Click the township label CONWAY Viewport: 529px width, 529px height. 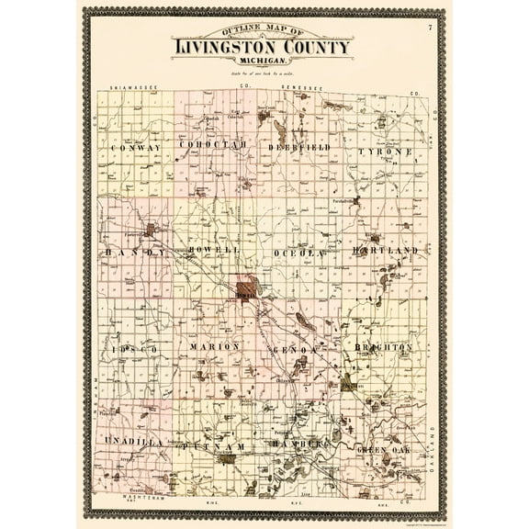(x=135, y=148)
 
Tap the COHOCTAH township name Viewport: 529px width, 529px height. (x=213, y=145)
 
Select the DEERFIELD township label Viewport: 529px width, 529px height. (x=298, y=147)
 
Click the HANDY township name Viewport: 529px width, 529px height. (x=134, y=251)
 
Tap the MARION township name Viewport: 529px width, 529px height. (x=215, y=346)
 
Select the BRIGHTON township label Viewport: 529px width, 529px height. (x=384, y=348)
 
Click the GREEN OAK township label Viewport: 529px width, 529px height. (x=385, y=449)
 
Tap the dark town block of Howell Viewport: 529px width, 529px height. (x=246, y=291)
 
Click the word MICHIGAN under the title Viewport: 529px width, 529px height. (x=262, y=60)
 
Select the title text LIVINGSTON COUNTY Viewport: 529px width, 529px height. (x=262, y=46)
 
